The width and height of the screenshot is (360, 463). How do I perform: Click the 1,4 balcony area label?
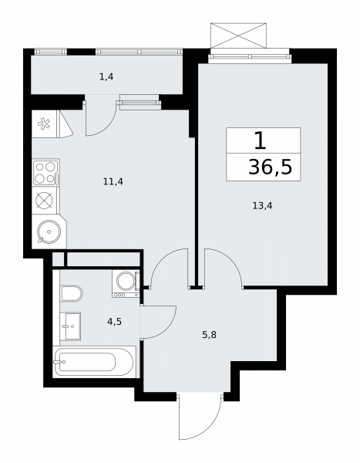click(x=106, y=77)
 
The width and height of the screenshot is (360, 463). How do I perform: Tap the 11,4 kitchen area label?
click(x=113, y=181)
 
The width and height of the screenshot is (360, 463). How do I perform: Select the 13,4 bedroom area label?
click(x=262, y=205)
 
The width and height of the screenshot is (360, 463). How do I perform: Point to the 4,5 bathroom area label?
click(x=114, y=321)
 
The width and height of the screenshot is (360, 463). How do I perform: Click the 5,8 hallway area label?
click(x=209, y=335)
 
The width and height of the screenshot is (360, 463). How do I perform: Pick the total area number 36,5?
click(x=270, y=167)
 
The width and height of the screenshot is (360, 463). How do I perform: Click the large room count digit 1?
click(x=261, y=140)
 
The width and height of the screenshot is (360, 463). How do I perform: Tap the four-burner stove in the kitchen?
click(x=45, y=172)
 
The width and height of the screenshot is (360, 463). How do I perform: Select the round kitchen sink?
click(x=49, y=231)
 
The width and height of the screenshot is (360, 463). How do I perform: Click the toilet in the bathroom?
click(x=71, y=293)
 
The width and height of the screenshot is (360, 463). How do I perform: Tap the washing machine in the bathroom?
click(x=126, y=284)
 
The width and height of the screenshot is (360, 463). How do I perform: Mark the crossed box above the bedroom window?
click(x=239, y=35)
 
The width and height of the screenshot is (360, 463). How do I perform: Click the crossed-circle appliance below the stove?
click(x=44, y=201)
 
